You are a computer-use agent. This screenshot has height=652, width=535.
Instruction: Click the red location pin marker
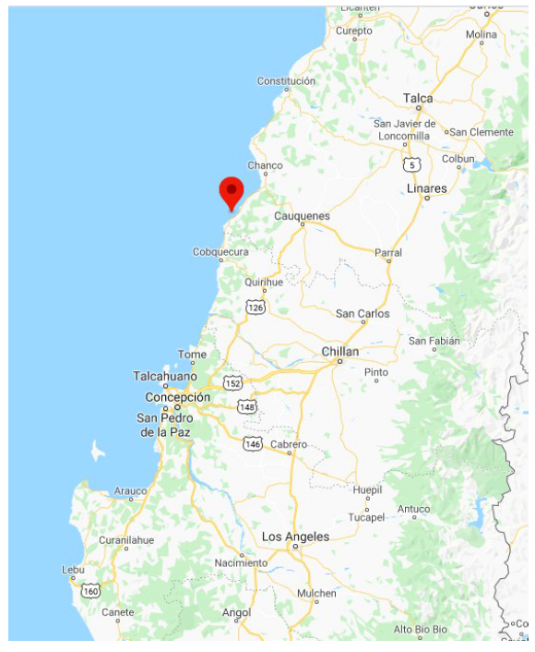(231, 191)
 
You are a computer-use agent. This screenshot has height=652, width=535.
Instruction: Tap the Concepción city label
(177, 397)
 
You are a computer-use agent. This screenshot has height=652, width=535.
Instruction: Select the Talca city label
(418, 98)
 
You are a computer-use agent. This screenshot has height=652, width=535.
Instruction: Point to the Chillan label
(339, 352)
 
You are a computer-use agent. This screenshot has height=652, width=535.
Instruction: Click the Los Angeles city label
(295, 537)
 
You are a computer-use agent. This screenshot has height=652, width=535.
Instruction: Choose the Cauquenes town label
(302, 216)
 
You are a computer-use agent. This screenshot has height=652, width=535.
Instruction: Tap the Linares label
(426, 188)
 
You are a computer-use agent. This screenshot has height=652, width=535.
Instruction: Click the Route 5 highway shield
(411, 164)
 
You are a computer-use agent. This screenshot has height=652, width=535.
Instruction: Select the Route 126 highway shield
(255, 306)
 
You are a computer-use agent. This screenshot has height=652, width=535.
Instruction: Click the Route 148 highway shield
(246, 406)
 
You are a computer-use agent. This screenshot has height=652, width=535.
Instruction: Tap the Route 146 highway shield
(253, 444)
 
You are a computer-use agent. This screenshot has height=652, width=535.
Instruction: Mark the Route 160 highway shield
(90, 590)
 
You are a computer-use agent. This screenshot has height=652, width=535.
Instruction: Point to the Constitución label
(286, 81)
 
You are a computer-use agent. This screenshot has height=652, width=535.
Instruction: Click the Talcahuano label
(165, 376)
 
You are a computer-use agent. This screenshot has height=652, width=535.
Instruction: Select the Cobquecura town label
(220, 251)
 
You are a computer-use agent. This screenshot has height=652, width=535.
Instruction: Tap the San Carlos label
(363, 314)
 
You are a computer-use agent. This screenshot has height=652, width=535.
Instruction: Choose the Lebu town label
(73, 570)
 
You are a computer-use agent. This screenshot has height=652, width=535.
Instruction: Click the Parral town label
(388, 252)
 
